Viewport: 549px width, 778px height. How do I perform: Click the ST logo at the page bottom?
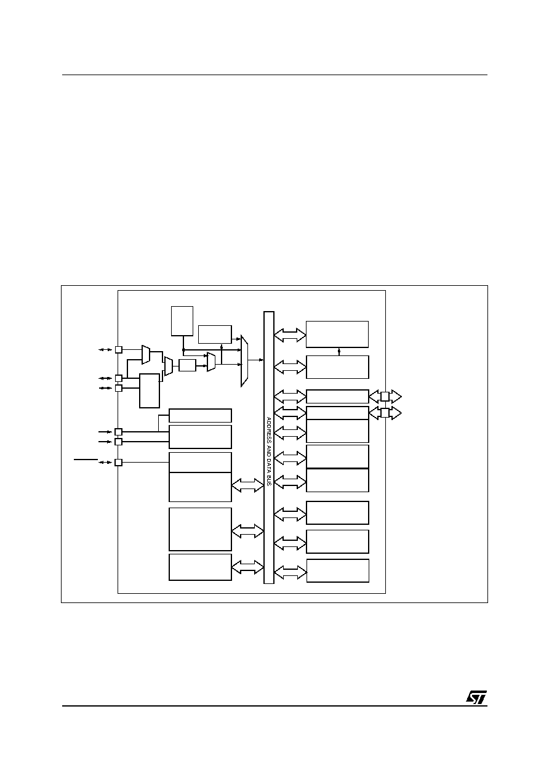476,697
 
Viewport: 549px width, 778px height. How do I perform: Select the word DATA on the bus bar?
268,464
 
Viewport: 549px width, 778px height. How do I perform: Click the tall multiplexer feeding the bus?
245,360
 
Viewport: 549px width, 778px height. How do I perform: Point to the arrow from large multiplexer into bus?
256,360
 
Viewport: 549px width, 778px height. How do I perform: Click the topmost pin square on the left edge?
119,349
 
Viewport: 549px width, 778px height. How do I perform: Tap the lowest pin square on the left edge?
119,462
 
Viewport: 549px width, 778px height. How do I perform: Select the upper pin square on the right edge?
385,396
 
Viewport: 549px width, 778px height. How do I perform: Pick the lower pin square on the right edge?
385,413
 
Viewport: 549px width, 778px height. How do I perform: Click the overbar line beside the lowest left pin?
86,459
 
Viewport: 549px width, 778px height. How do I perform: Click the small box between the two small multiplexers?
187,365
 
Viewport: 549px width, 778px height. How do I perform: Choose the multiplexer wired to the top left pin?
146,355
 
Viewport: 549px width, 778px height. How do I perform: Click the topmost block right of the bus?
337,334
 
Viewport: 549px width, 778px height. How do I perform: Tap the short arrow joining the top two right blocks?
339,352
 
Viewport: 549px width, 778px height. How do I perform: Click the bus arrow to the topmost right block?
290,335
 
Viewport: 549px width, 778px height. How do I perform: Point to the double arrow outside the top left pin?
105,349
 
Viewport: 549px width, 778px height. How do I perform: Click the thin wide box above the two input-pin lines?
200,415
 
